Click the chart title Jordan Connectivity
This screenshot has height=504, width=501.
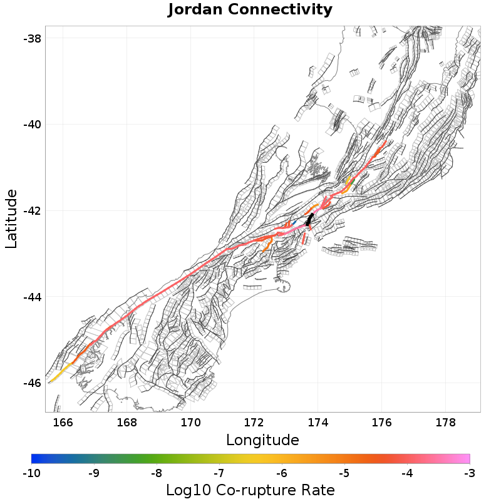point(250,10)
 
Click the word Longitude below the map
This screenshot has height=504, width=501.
point(262,440)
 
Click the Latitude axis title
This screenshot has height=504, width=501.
point(11,219)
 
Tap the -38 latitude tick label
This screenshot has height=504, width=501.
point(32,38)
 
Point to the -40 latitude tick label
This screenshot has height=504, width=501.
point(32,125)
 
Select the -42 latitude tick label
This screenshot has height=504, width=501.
point(32,210)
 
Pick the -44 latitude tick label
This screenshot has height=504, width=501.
point(32,297)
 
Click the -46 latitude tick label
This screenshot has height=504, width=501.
point(32,383)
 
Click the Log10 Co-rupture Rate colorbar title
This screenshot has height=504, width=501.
point(250,490)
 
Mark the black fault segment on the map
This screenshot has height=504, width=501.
point(310,220)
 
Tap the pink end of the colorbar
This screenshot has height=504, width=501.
point(467,458)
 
